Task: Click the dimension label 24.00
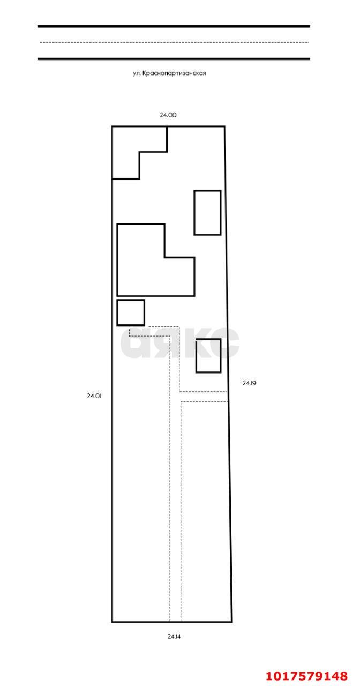(168, 115)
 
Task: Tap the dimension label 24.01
(94, 396)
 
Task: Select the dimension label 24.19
(249, 383)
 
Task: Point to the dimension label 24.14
(174, 636)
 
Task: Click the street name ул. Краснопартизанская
(169, 73)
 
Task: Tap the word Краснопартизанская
(174, 73)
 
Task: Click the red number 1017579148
(306, 676)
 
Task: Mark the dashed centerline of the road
(174, 42)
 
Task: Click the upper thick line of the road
(174, 27)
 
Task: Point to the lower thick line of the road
(174, 59)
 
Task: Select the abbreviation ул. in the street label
(137, 73)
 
